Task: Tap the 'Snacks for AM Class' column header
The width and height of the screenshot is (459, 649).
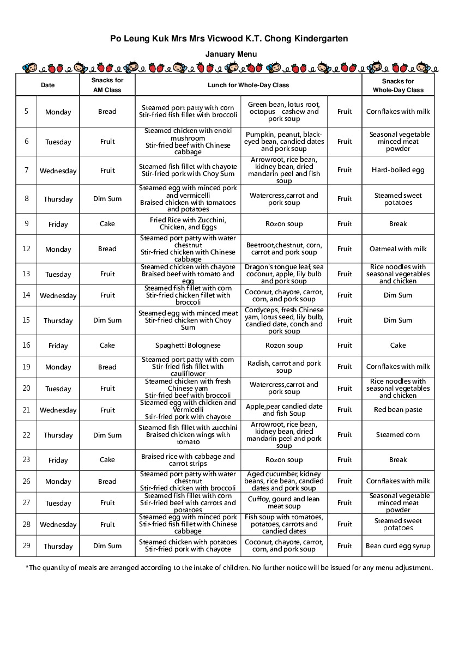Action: [x=107, y=85]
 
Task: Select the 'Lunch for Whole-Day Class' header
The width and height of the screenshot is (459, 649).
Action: [x=248, y=85]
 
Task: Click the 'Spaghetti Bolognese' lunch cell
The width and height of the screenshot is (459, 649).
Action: [x=188, y=345]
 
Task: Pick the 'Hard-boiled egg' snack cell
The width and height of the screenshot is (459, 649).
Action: [x=398, y=170]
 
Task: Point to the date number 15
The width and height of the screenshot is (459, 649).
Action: [x=26, y=320]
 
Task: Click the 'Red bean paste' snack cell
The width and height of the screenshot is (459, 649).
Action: [x=398, y=410]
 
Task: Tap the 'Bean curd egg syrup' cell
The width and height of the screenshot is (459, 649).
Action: [x=398, y=546]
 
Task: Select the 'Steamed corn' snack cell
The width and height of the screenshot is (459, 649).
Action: [x=398, y=435]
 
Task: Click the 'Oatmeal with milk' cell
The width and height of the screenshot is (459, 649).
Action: [x=398, y=249]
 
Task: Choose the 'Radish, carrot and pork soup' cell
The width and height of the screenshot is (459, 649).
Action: [x=284, y=367]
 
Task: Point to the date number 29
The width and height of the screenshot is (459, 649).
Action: [x=26, y=546]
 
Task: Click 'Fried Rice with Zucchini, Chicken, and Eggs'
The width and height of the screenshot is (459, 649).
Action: [x=188, y=223]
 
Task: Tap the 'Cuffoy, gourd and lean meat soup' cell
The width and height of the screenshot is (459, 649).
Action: [x=284, y=502]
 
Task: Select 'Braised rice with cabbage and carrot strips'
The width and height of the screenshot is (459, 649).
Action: [x=188, y=460]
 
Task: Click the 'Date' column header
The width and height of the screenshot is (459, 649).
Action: [x=48, y=85]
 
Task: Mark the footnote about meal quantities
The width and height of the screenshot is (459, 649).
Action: [x=230, y=568]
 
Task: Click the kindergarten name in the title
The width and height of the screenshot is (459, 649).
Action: [x=229, y=39]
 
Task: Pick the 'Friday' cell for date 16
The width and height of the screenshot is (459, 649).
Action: [x=58, y=345]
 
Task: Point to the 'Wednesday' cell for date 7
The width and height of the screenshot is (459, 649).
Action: [x=58, y=171]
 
